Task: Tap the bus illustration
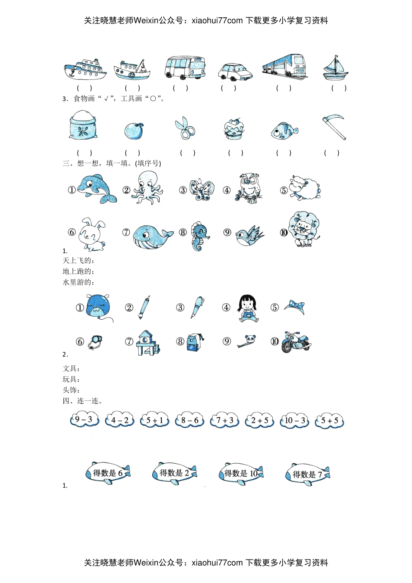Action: (185, 67)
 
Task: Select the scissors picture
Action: (185, 128)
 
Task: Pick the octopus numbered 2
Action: (147, 187)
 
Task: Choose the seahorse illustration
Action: (199, 236)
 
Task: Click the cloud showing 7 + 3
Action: (224, 420)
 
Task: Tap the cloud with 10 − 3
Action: (294, 420)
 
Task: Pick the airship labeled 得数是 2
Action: (174, 473)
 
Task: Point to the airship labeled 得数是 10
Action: (241, 474)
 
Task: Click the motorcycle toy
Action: (296, 342)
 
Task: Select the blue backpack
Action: (195, 342)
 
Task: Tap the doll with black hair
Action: (247, 308)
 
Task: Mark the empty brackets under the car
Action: (229, 88)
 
